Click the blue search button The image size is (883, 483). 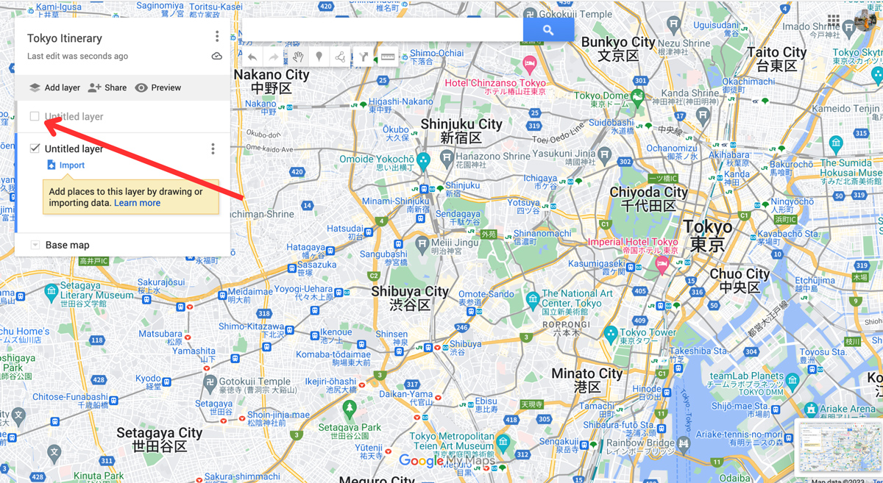(548, 29)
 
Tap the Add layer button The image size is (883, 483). (54, 87)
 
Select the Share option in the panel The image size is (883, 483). (107, 87)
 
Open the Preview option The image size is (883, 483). (158, 87)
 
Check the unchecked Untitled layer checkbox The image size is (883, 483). (35, 116)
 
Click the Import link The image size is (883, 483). (71, 165)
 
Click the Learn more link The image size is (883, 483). (137, 203)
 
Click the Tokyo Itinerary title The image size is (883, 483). (65, 38)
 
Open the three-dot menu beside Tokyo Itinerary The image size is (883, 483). (217, 37)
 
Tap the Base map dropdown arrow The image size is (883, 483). (35, 245)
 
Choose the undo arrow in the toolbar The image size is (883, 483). (252, 57)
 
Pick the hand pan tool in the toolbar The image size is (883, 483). (298, 57)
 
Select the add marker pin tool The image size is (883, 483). (319, 57)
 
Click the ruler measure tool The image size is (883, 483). (388, 57)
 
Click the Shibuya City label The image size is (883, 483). (409, 297)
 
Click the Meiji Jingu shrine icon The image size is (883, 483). (422, 243)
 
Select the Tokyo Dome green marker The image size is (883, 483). (638, 96)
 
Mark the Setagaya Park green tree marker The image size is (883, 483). (350, 408)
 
